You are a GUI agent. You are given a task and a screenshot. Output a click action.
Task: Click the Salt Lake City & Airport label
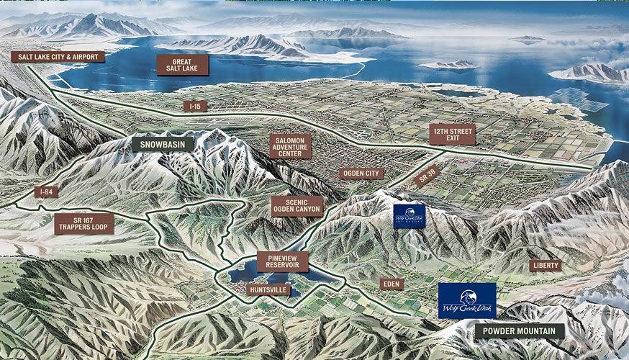tap(58, 57)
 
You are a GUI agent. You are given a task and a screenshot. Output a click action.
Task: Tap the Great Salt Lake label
tap(182, 66)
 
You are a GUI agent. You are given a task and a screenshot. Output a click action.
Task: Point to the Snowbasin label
tap(163, 144)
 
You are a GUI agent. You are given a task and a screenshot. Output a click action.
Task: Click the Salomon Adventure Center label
tap(289, 146)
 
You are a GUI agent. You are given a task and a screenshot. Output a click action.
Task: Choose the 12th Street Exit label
tap(451, 134)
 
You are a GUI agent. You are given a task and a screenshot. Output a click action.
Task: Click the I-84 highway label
tap(45, 192)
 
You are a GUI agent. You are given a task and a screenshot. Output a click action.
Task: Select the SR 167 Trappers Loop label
tap(83, 223)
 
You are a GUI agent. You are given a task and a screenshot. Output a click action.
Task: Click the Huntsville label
tap(268, 289)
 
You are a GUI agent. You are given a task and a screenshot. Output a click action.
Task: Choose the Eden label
tap(393, 284)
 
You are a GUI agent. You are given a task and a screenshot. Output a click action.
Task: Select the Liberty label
tap(545, 265)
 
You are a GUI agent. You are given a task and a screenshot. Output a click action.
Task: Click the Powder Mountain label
tap(518, 331)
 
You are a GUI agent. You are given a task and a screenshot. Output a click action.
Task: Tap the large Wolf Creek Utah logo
tap(467, 300)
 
